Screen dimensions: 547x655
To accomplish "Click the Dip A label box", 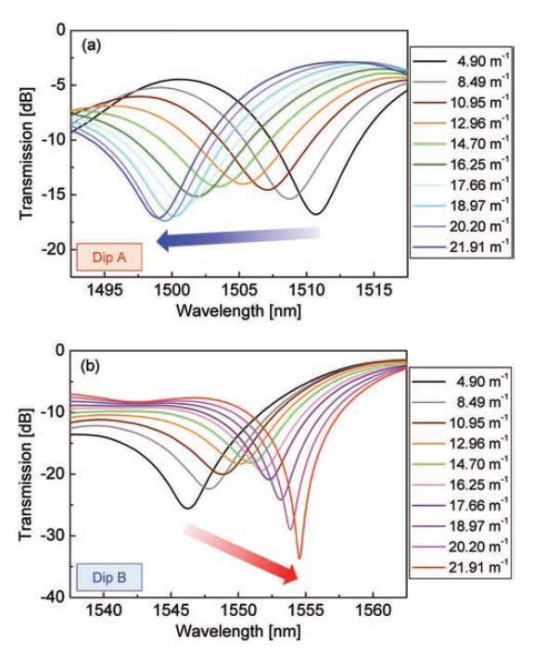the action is pyautogui.click(x=109, y=258).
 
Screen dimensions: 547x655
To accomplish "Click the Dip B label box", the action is pyautogui.click(x=109, y=578).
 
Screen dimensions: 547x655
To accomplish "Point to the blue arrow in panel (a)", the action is pyautogui.click(x=238, y=238).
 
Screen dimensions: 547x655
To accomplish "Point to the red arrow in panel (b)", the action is pyautogui.click(x=241, y=553).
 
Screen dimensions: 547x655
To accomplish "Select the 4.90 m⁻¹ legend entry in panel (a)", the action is pyautogui.click(x=462, y=61).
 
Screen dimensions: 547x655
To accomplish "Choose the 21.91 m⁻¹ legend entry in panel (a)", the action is pyautogui.click(x=462, y=247).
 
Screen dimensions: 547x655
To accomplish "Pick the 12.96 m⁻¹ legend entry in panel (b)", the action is pyautogui.click(x=461, y=443).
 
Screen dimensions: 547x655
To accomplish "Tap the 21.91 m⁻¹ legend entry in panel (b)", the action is pyautogui.click(x=461, y=567).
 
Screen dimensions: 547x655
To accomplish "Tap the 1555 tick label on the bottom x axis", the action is pyautogui.click(x=305, y=611).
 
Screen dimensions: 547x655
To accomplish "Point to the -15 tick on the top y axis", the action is pyautogui.click(x=54, y=195).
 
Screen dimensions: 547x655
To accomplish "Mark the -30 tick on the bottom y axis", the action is pyautogui.click(x=54, y=535).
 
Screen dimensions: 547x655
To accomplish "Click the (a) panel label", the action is pyautogui.click(x=91, y=45).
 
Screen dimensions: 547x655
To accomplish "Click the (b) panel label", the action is pyautogui.click(x=91, y=366).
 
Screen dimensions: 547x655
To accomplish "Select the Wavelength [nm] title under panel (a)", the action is pyautogui.click(x=238, y=310).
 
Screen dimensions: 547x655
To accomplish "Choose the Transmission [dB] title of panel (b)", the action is pyautogui.click(x=26, y=473).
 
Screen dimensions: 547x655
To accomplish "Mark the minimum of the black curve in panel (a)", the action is pyautogui.click(x=316, y=214).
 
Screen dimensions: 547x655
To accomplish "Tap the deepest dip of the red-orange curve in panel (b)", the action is pyautogui.click(x=299, y=558).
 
